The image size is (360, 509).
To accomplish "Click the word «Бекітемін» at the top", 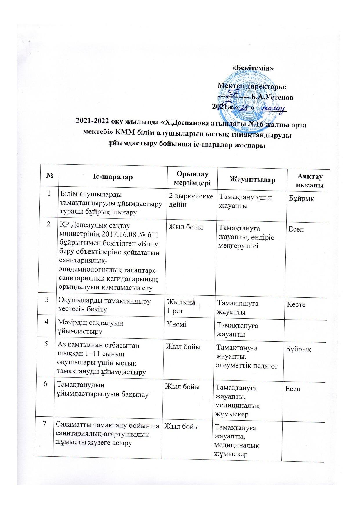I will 253,67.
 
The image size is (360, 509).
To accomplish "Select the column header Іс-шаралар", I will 113,176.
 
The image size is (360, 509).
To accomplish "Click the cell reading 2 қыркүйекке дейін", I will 191,201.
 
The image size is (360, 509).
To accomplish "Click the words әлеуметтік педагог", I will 246,366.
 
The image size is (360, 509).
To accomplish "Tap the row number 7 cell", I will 44,424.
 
